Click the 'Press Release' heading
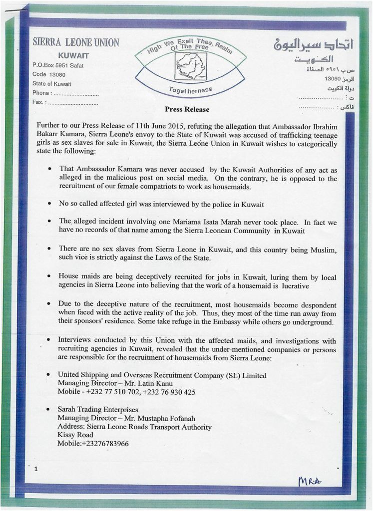[187, 109]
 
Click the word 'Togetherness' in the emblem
[190, 90]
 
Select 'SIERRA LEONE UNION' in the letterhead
[76, 42]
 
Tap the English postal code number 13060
[57, 74]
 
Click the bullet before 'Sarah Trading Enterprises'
[47, 410]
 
